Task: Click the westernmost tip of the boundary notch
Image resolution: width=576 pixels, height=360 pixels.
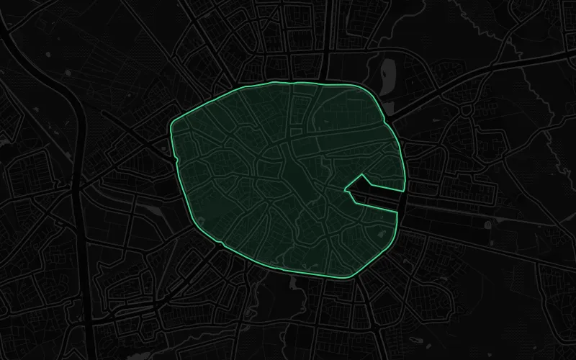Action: [346, 191]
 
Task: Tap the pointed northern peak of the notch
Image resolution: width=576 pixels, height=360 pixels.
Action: [361, 175]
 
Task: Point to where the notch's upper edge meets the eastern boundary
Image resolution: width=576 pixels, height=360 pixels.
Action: [403, 191]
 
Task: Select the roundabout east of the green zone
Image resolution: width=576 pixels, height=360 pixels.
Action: [466, 110]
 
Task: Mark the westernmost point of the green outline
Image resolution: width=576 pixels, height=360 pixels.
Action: [170, 130]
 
